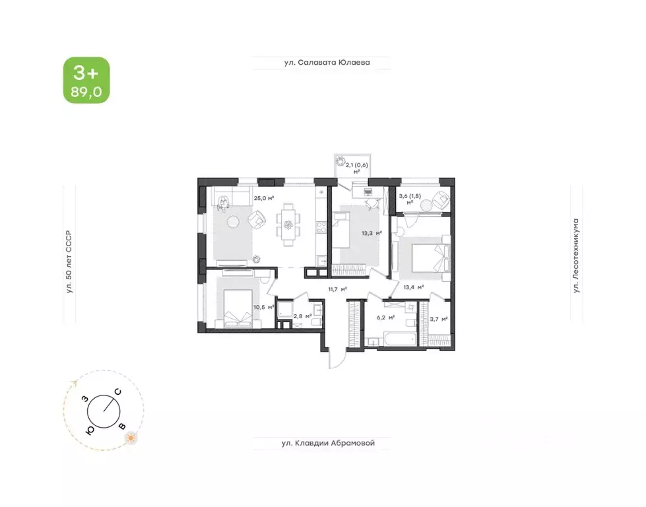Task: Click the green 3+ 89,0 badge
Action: tap(86, 80)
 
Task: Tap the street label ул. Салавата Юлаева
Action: tap(322, 63)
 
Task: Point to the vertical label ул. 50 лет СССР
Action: tap(68, 264)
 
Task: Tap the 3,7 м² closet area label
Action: tap(439, 320)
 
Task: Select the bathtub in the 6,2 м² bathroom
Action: tap(392, 340)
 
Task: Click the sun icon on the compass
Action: tap(132, 437)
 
